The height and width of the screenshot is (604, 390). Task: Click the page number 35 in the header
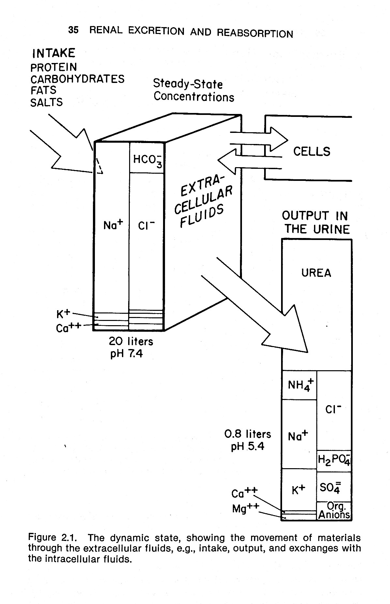tap(73, 30)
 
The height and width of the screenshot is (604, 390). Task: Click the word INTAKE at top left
tap(53, 53)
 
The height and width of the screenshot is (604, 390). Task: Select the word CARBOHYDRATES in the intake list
tap(77, 79)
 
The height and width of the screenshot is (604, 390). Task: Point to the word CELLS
tap(311, 151)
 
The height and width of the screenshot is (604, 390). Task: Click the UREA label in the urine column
tap(316, 273)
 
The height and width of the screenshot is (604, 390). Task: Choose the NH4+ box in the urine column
tap(300, 385)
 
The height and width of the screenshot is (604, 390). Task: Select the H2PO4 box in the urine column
tap(334, 461)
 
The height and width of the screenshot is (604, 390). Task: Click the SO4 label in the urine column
tap(330, 487)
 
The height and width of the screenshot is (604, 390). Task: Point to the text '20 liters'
tap(131, 342)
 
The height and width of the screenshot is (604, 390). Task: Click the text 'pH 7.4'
tap(127, 354)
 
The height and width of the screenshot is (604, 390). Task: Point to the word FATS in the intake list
tap(43, 90)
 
